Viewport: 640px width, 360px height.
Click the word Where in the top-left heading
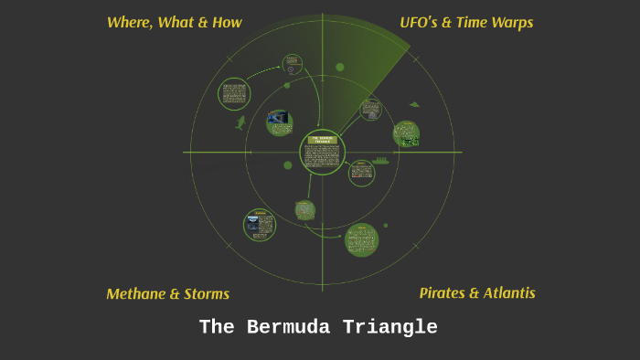pos(129,22)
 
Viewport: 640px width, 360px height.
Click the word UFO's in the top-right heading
pos(421,22)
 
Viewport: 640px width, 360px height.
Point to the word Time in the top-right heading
pos(475,22)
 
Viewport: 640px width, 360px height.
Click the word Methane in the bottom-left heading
pos(136,294)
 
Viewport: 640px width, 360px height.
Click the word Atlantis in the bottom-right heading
pos(507,293)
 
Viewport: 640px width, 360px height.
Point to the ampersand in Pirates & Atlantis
pos(474,293)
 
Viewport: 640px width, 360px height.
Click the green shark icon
pos(241,122)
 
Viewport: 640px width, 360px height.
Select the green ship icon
pos(380,161)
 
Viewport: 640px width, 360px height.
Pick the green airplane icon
pos(414,104)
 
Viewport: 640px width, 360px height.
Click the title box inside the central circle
pos(323,141)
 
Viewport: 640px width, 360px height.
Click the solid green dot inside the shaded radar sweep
pos(340,67)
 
